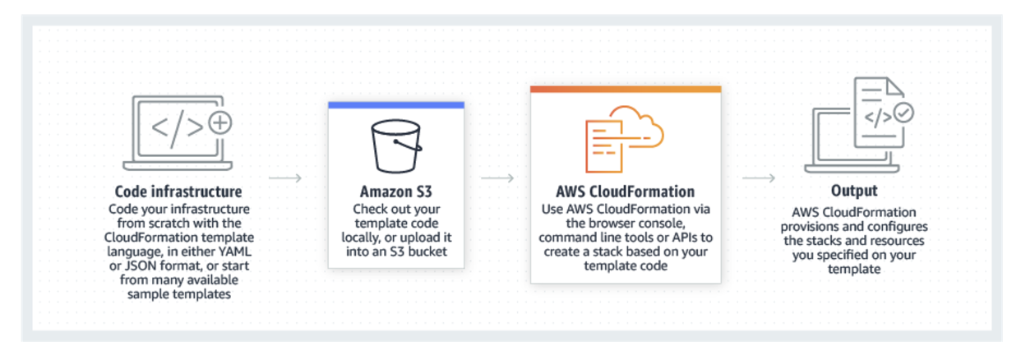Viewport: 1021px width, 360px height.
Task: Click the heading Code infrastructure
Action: [178, 192]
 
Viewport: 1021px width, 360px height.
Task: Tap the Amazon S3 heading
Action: [395, 192]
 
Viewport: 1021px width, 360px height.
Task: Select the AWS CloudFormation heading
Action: [626, 192]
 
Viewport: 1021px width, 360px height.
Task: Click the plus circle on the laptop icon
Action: [220, 123]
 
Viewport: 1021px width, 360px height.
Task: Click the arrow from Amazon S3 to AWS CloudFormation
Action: [497, 178]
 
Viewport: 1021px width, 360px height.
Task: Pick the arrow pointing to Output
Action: [759, 178]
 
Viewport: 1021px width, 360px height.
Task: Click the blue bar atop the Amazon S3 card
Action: [395, 105]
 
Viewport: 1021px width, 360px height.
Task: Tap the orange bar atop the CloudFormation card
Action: [626, 89]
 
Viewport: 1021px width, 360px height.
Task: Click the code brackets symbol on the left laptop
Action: [176, 125]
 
